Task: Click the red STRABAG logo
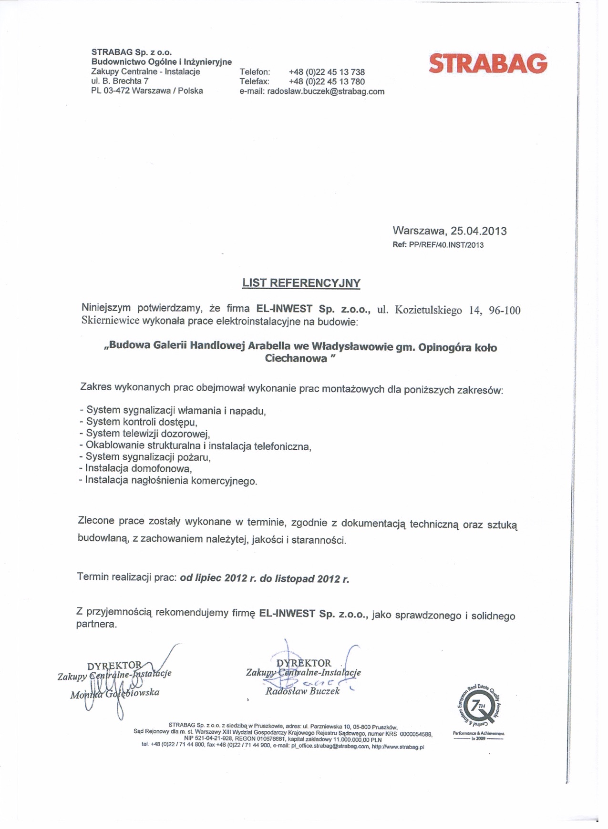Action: pos(488,64)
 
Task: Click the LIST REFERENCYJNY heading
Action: pos(301,283)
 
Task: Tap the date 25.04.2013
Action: pos(478,231)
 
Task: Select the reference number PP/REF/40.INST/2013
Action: pos(446,245)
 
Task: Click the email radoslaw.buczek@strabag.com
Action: pos(326,91)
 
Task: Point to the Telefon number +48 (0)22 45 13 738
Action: pos(327,72)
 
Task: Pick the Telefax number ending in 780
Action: pos(327,81)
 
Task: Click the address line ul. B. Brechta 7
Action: pos(120,81)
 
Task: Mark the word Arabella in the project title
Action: pos(270,345)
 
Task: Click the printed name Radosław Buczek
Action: pos(302,691)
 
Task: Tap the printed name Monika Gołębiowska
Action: pos(114,693)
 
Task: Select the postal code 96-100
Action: pos(505,311)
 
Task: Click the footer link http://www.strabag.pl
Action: pos(398,747)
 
